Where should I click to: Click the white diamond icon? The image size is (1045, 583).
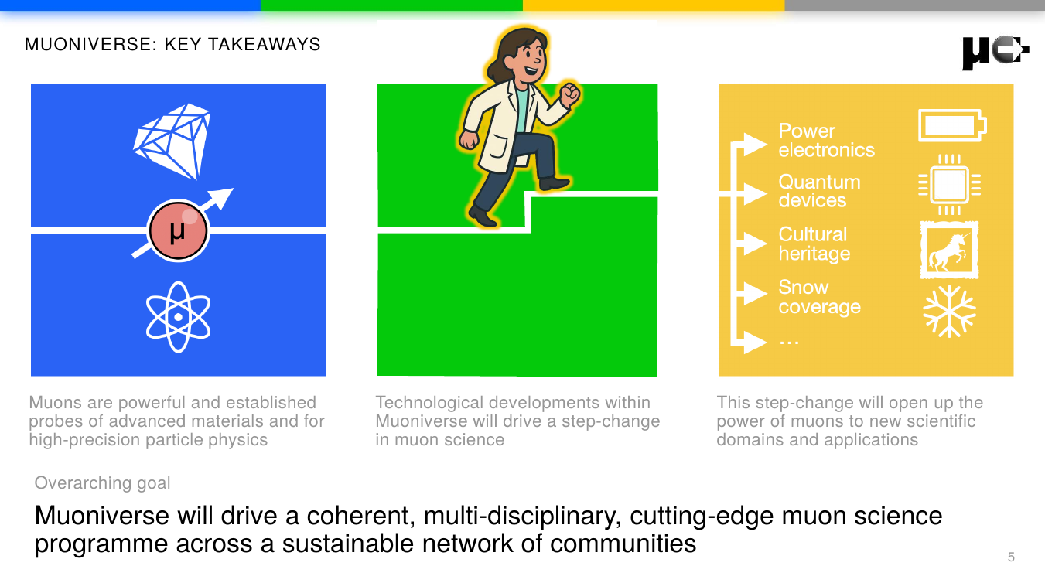tap(172, 139)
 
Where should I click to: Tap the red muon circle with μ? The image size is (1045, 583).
tap(179, 230)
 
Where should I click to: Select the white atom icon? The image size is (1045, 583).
tap(178, 317)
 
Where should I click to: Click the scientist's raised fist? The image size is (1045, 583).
tap(570, 94)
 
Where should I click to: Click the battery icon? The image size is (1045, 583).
tap(951, 125)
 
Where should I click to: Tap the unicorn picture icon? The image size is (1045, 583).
tap(949, 250)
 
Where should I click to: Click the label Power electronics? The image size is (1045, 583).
tap(825, 141)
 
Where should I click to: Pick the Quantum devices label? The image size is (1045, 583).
tap(818, 191)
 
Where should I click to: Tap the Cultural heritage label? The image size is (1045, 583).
tap(814, 244)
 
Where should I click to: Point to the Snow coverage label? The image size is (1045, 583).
tap(818, 297)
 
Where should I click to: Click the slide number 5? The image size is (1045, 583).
tap(1011, 557)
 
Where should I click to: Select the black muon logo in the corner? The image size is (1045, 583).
tap(995, 53)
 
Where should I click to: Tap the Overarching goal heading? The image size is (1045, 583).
tap(102, 483)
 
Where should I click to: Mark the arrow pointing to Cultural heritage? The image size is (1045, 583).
tap(750, 243)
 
